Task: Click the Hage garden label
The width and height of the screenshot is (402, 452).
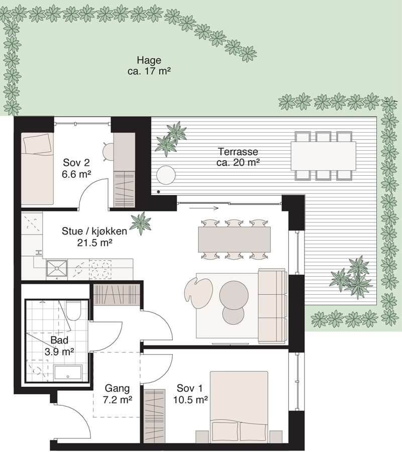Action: tap(149, 66)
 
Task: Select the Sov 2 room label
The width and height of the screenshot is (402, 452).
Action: tap(76, 168)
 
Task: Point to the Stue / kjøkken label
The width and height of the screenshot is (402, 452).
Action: tap(94, 237)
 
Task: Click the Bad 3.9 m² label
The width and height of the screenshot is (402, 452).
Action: tap(59, 346)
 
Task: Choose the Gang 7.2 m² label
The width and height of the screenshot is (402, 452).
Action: tap(118, 394)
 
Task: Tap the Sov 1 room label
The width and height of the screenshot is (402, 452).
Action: tap(190, 394)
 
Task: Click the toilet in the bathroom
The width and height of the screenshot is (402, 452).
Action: tap(73, 310)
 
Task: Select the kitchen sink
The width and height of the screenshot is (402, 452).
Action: tap(57, 268)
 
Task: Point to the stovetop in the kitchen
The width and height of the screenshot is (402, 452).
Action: tap(100, 270)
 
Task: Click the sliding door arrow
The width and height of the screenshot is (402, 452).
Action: tap(204, 208)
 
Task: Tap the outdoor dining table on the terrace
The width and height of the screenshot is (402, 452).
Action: tap(323, 156)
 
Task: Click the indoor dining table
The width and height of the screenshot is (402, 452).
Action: tap(234, 239)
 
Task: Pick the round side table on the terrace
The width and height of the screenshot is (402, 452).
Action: tap(166, 175)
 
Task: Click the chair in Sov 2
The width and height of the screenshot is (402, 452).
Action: tap(109, 151)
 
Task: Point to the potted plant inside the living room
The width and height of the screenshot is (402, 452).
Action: tap(141, 223)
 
